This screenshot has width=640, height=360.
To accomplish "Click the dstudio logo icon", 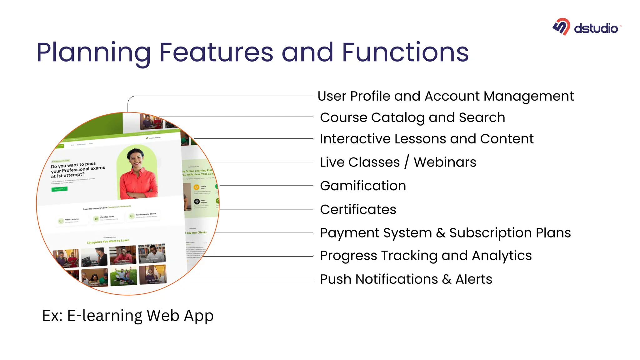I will click(x=561, y=27).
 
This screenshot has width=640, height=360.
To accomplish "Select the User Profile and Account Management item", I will click(x=445, y=96).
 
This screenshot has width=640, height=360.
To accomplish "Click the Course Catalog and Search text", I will click(x=412, y=118).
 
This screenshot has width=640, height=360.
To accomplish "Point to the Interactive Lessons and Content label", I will click(x=427, y=139).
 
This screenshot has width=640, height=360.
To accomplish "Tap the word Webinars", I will click(x=445, y=162).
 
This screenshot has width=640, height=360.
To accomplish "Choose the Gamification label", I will click(x=363, y=186).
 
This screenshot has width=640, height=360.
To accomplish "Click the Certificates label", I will click(x=358, y=210).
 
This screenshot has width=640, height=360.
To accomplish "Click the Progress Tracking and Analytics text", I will click(x=426, y=256).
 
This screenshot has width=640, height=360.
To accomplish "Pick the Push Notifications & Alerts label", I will click(x=406, y=279).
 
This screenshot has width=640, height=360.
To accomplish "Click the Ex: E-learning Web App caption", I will click(x=127, y=316).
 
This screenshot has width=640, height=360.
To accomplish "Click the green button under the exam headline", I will click(x=59, y=189).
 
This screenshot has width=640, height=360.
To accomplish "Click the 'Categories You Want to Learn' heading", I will click(x=108, y=241).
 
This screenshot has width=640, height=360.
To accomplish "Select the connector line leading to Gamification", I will click(x=266, y=186).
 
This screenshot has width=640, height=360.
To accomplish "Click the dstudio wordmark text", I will click(x=596, y=28).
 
